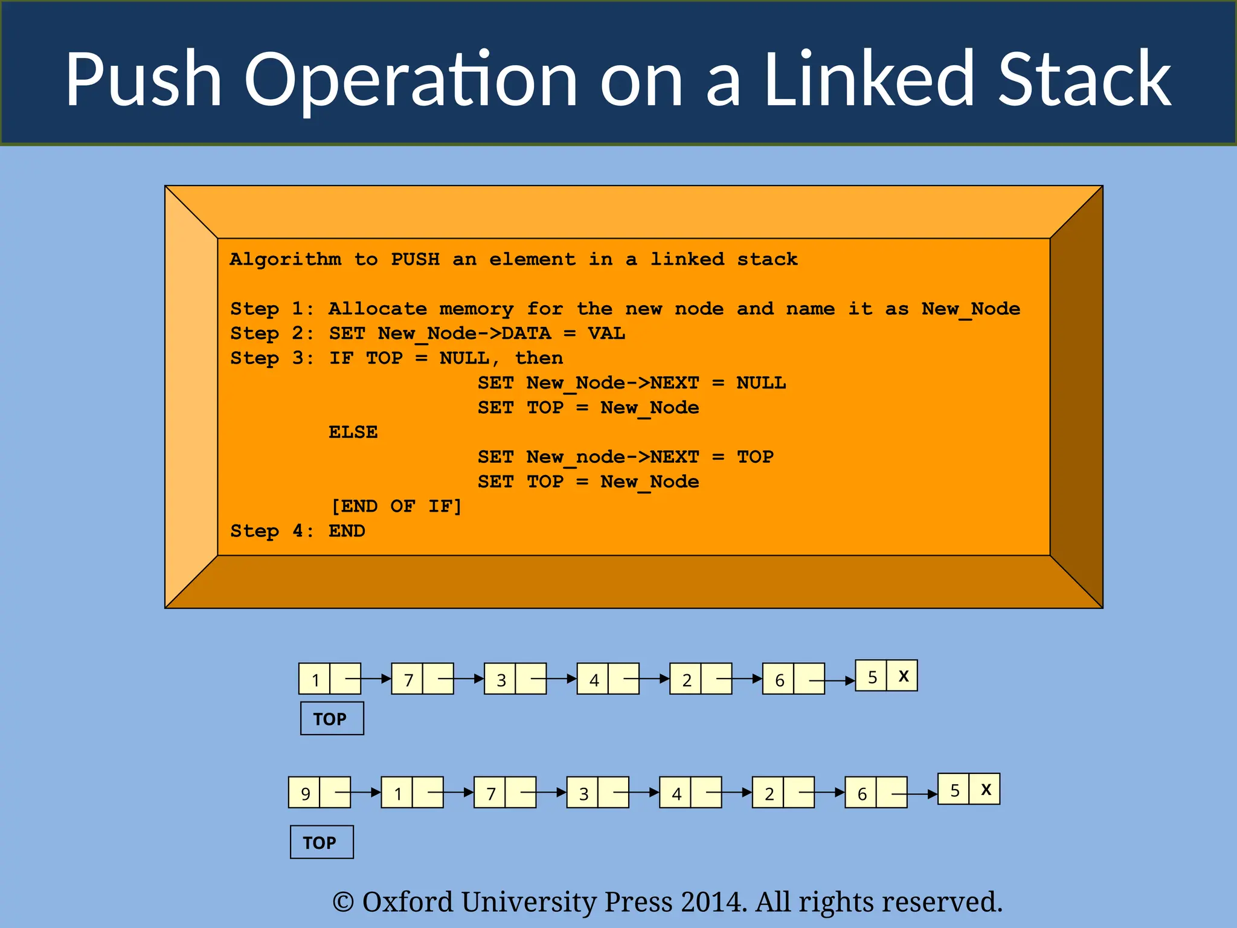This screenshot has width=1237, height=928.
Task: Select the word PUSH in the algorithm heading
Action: [x=415, y=259]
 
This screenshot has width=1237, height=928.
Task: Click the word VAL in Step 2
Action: [x=606, y=333]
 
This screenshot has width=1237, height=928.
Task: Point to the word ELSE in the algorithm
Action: [x=353, y=432]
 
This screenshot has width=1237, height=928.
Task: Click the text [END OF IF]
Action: [x=396, y=506]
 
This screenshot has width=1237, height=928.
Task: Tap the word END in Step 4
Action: [x=347, y=531]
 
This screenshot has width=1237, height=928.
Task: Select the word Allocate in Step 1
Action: [x=378, y=309]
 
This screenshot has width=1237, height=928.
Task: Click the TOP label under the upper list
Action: [x=332, y=718]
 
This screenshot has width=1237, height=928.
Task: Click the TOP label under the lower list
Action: [x=321, y=842]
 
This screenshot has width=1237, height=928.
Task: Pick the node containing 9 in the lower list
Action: [x=305, y=793]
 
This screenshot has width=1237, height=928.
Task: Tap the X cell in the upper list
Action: [x=903, y=676]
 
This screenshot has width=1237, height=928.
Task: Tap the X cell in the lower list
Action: [x=986, y=789]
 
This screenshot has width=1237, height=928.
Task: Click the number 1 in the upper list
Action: [x=315, y=680]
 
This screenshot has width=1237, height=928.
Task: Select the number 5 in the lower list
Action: [x=954, y=790]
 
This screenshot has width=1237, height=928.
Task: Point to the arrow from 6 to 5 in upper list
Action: [x=833, y=681]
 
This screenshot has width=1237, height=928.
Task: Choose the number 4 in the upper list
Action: [x=594, y=680]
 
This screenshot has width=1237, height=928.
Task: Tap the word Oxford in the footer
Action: [x=407, y=902]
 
